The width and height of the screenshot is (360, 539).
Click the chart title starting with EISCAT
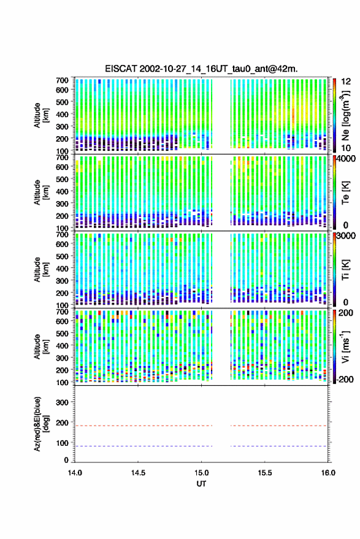(201, 69)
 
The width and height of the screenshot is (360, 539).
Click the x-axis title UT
(201, 484)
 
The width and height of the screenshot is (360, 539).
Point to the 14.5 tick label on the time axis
(138, 473)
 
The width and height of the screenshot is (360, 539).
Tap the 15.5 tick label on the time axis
(264, 473)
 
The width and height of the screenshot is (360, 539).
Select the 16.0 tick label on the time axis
(327, 473)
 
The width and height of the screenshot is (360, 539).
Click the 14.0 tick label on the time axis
(75, 473)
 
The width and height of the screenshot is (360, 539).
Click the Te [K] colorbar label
(345, 193)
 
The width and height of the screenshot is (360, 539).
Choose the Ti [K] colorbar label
(345, 270)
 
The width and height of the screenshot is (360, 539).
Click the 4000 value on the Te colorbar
(347, 159)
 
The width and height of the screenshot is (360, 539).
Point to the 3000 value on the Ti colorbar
(347, 236)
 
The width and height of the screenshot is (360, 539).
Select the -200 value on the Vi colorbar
(345, 379)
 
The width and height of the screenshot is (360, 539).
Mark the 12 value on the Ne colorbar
(346, 82)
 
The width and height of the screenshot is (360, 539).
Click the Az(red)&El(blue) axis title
(41, 424)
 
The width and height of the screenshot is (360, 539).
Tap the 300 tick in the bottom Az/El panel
(62, 402)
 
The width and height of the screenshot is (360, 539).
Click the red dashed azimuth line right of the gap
(278, 426)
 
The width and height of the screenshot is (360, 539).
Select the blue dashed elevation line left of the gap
(144, 446)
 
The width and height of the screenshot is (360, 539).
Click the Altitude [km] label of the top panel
(41, 115)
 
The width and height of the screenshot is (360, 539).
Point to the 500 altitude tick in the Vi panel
(62, 333)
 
